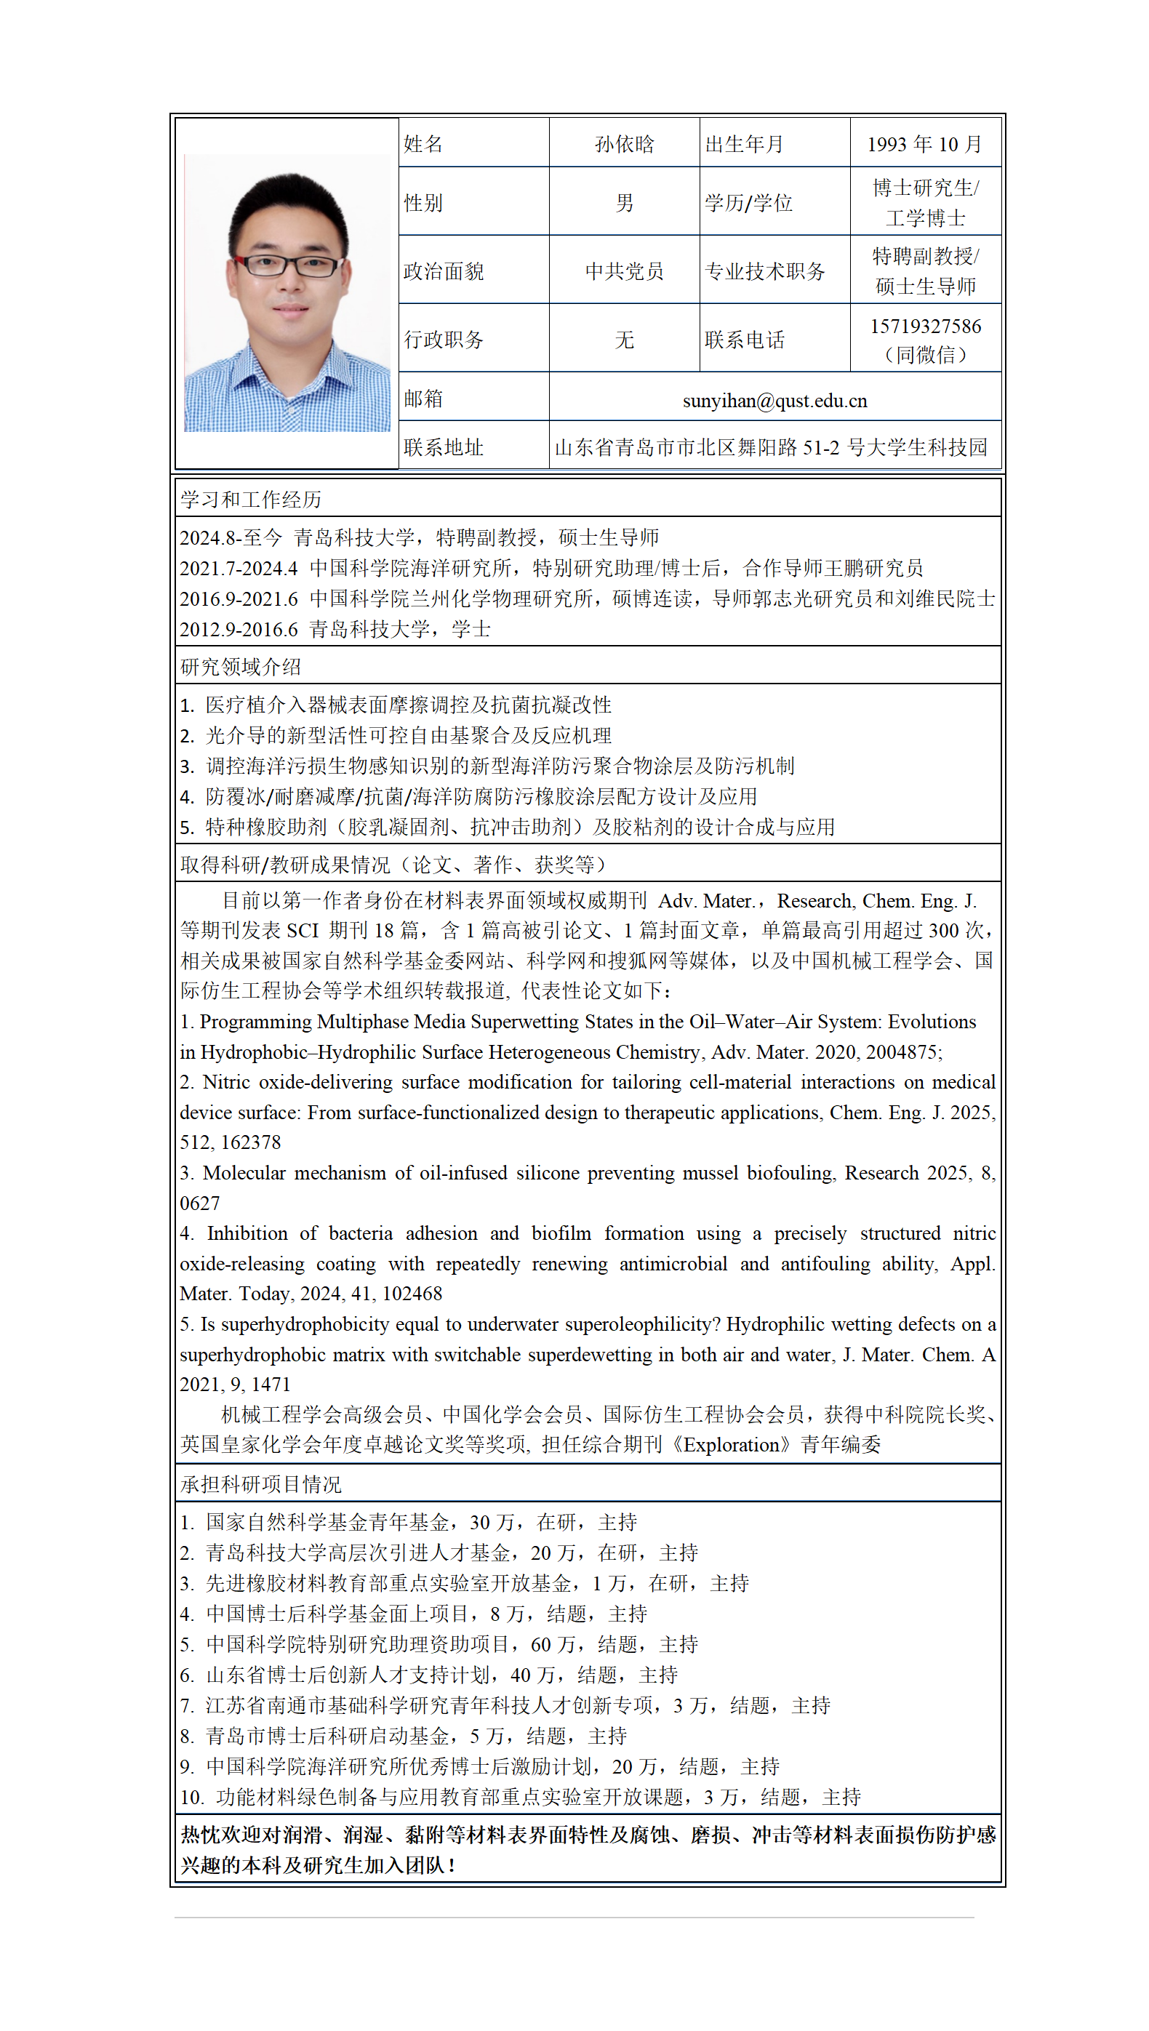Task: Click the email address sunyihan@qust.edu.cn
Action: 774,401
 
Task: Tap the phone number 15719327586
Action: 925,327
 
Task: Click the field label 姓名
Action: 423,145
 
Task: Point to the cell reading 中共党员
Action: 623,271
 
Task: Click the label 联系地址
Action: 443,447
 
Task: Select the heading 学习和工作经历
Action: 250,500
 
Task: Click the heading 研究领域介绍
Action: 240,667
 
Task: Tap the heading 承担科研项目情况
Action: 260,1484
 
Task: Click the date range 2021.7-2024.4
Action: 239,568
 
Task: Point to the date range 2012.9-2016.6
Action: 239,629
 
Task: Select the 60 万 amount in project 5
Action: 553,1644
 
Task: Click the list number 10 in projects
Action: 192,1797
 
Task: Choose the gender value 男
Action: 623,203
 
